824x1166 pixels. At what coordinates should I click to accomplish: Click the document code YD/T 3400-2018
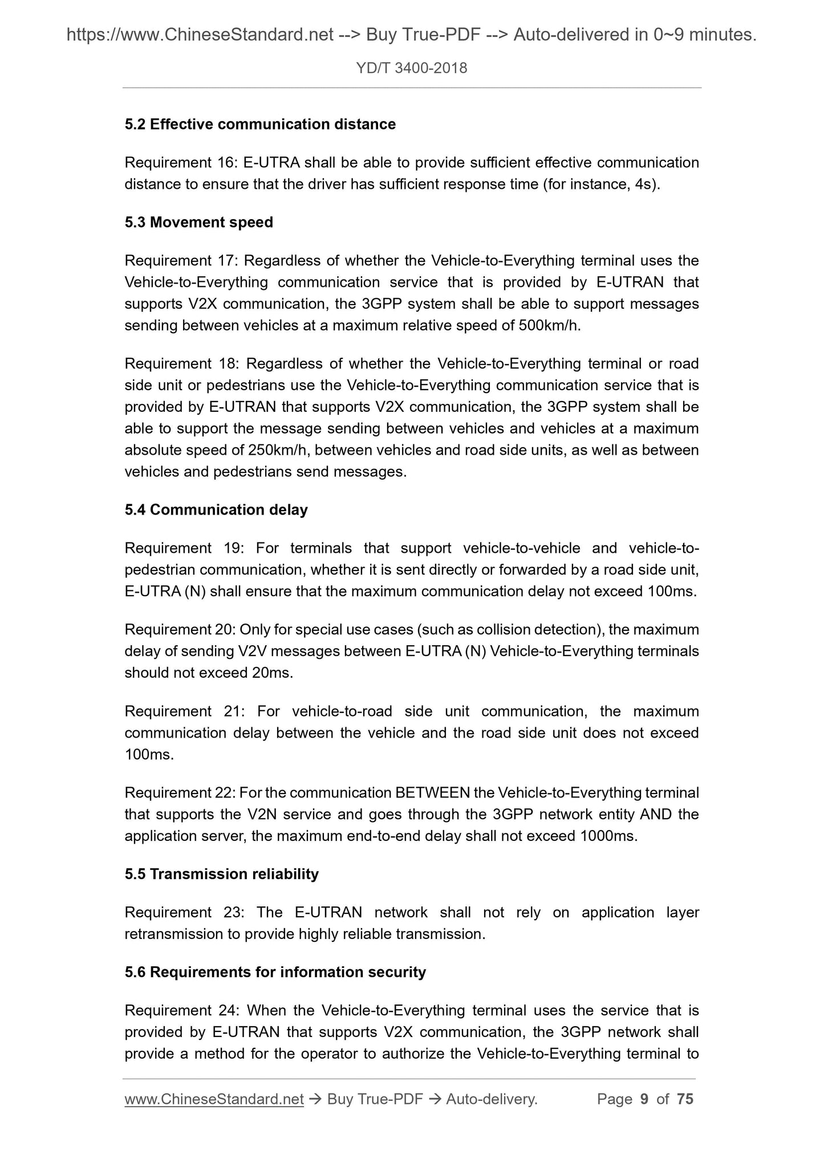(x=411, y=68)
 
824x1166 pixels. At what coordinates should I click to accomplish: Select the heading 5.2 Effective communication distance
(x=260, y=124)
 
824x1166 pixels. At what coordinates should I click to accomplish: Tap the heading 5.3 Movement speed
(x=199, y=222)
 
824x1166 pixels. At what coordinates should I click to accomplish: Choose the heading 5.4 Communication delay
(x=216, y=509)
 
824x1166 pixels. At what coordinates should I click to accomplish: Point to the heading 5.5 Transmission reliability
(x=222, y=874)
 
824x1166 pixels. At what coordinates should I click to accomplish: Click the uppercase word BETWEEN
(x=432, y=793)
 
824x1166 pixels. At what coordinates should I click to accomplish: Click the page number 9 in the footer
(x=644, y=1099)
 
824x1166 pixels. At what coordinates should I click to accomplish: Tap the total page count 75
(x=685, y=1099)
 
